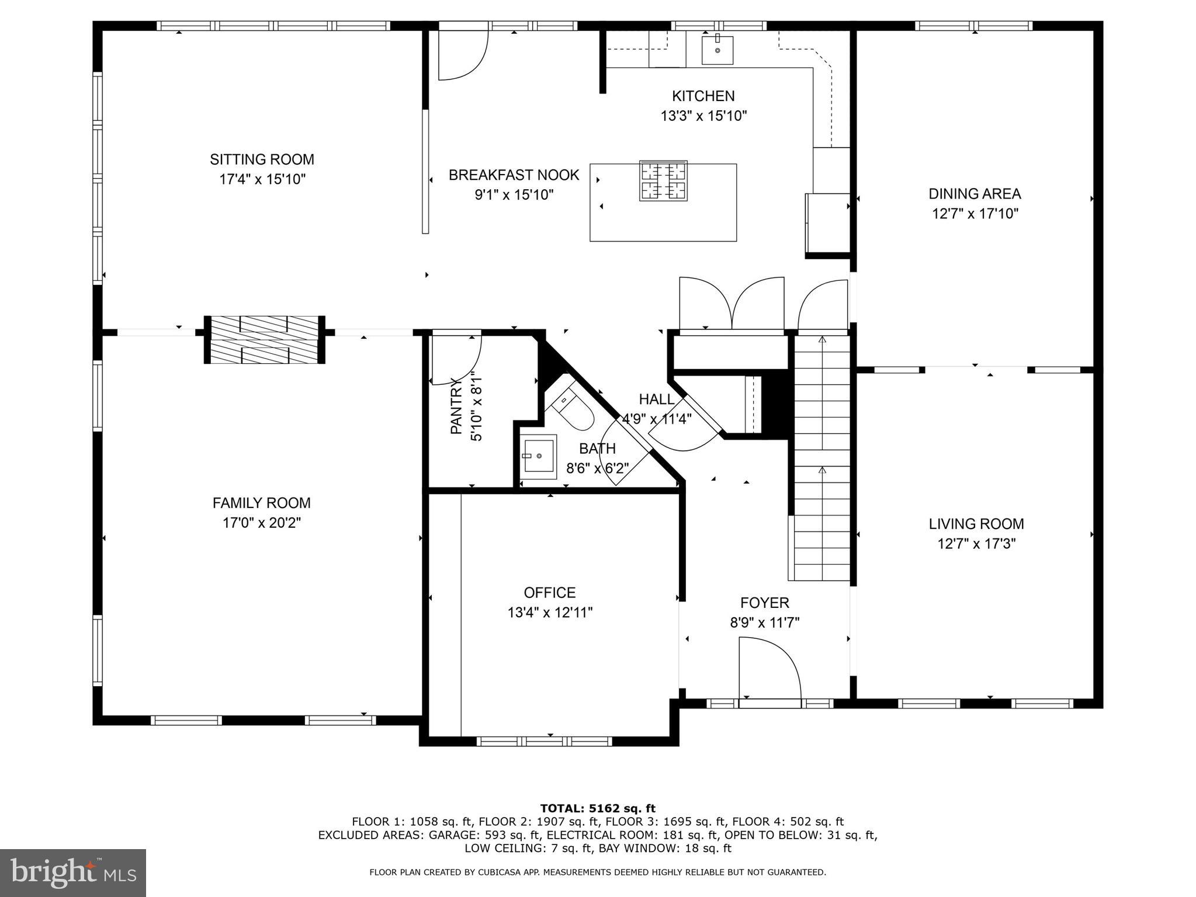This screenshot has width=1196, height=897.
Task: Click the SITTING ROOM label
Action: pos(262,159)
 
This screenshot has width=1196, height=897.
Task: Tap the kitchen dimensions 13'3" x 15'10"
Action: pos(703,116)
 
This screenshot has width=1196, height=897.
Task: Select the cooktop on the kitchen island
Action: pos(663,181)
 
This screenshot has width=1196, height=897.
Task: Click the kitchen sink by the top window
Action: pos(717,50)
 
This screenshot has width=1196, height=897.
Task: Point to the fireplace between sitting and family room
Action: pos(265,340)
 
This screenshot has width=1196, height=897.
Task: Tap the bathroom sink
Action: pos(538,457)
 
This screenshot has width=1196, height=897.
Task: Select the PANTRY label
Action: pos(456,406)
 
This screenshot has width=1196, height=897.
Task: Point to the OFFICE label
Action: pos(549,593)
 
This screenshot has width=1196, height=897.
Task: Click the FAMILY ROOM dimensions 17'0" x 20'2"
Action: pos(262,523)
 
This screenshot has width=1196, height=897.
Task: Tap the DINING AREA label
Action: pos(975,194)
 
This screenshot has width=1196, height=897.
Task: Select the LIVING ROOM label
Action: pos(976,524)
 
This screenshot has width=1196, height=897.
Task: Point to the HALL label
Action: pos(656,399)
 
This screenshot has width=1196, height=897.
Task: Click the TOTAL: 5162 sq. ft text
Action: pos(598,808)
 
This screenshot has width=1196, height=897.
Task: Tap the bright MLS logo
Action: pos(73,873)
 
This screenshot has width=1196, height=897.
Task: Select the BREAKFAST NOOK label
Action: pos(514,175)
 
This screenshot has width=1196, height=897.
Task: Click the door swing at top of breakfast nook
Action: pos(462,55)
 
